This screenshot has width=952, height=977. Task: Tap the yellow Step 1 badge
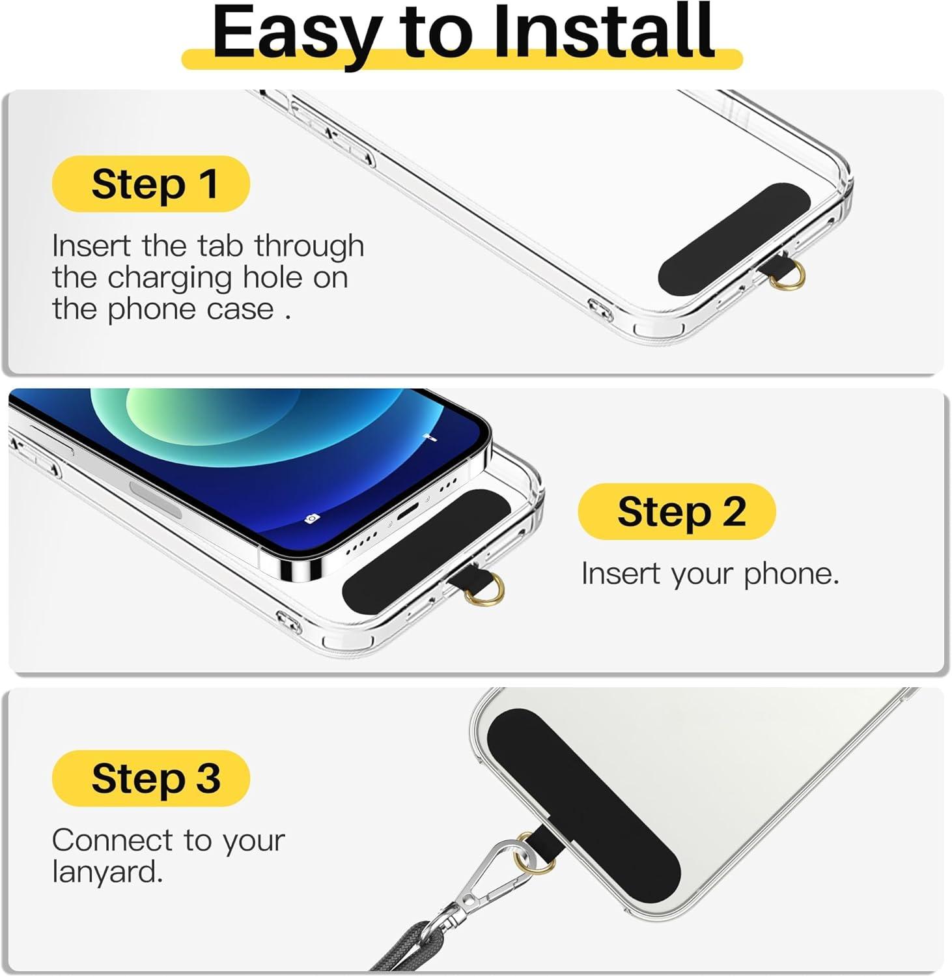(x=151, y=184)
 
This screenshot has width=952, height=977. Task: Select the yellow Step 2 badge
(x=677, y=511)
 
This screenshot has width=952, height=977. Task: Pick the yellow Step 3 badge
(x=151, y=778)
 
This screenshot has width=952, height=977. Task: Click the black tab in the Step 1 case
(x=735, y=238)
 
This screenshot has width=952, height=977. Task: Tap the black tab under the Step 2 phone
(x=427, y=550)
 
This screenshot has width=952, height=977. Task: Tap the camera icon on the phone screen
(x=313, y=518)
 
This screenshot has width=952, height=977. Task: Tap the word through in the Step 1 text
(x=309, y=246)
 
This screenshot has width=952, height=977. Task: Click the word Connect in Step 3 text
(x=113, y=840)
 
